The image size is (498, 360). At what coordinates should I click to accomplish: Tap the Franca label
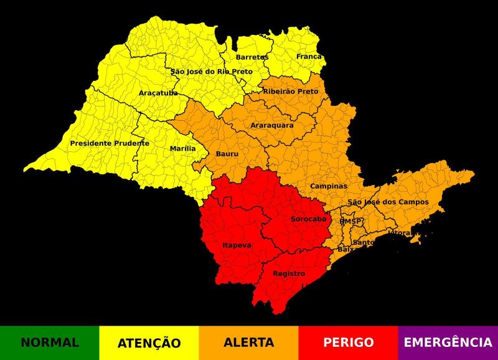(309, 57)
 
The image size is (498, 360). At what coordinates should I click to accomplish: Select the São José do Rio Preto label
(212, 72)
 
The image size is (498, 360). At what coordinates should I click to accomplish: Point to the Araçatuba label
(158, 93)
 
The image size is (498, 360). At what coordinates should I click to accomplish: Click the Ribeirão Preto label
(290, 92)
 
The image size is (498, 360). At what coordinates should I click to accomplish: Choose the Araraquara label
(272, 125)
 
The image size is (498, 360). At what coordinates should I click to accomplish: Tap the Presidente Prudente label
(110, 143)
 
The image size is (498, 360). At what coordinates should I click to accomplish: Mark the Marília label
(182, 149)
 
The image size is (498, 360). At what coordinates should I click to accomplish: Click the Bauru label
(227, 154)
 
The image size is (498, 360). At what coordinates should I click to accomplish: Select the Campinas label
(329, 186)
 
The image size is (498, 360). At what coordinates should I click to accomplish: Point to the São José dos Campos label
(388, 202)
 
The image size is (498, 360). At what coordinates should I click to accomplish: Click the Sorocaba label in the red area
(309, 219)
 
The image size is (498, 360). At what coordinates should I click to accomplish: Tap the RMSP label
(350, 221)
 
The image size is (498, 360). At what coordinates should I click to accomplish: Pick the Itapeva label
(237, 245)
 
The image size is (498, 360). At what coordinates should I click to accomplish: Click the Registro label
(289, 273)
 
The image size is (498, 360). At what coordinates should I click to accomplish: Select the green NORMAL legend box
(50, 343)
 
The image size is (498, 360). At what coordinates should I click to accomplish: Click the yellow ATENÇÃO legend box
(149, 343)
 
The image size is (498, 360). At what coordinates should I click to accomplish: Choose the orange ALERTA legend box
(249, 343)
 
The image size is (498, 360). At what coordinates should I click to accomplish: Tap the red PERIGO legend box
(348, 343)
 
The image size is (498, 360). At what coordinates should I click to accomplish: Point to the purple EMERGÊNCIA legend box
(448, 343)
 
